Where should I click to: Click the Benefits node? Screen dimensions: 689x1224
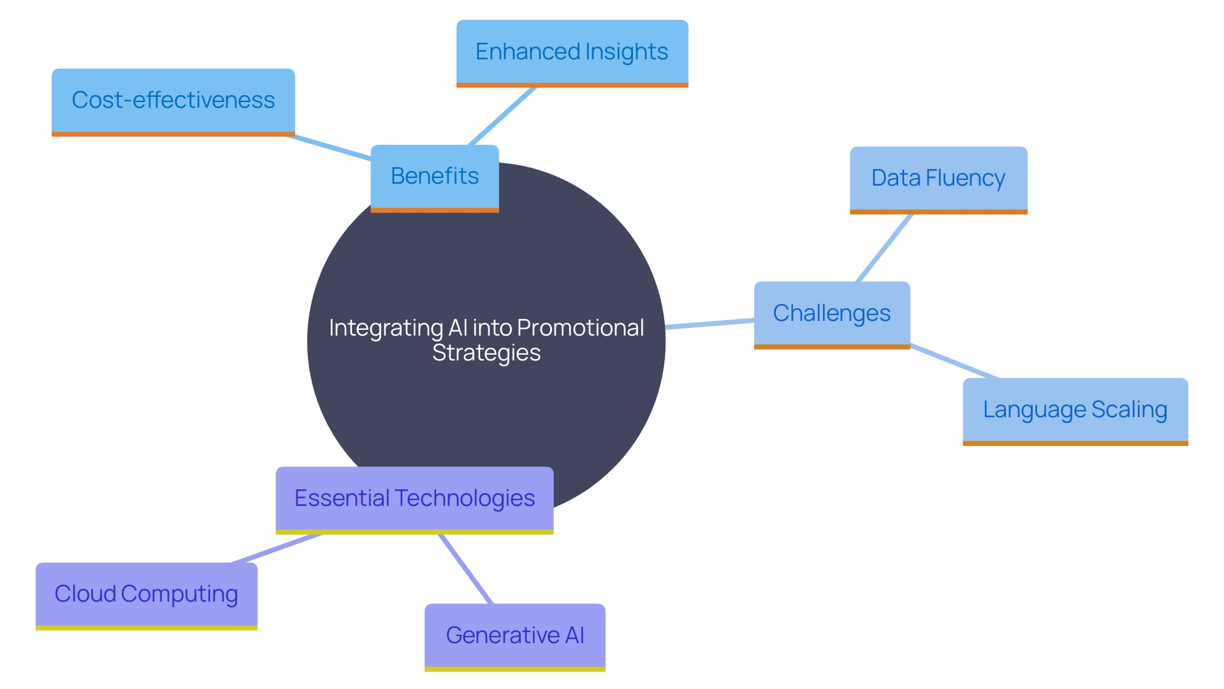coord(435,177)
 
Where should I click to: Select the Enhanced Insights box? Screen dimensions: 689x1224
coord(572,52)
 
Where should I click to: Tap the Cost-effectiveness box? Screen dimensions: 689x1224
coord(173,101)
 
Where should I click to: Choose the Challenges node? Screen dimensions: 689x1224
coord(832,314)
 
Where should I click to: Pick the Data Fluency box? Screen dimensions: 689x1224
coord(938,179)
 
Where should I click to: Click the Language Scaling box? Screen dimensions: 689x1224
coord(1075,410)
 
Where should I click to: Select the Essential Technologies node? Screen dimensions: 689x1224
coord(414,499)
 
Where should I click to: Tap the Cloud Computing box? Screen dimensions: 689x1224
coord(146,595)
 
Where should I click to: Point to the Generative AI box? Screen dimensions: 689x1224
coord(514,636)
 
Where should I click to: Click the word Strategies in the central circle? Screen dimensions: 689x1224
coord(486,353)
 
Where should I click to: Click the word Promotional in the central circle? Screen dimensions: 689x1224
coord(580,328)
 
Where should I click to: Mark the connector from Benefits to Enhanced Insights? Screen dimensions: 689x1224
coord(502,116)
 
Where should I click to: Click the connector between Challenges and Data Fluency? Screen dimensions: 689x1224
coord(884,248)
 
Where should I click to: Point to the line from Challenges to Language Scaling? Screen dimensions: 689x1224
coord(954,362)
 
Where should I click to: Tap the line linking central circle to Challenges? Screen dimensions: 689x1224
coord(710,323)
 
